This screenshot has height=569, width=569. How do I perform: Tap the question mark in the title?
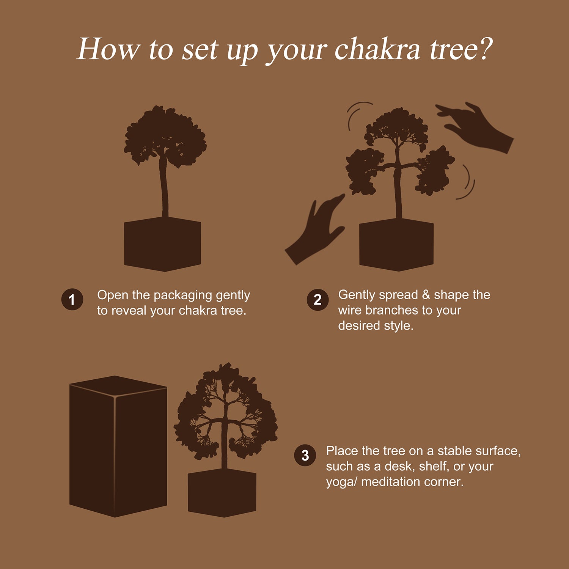click(483, 49)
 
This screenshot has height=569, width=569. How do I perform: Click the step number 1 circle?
click(72, 300)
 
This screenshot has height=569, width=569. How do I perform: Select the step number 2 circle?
click(318, 300)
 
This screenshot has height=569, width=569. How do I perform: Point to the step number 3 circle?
click(305, 456)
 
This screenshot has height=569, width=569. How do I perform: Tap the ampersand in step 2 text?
click(426, 295)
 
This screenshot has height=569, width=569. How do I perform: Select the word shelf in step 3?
click(434, 466)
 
